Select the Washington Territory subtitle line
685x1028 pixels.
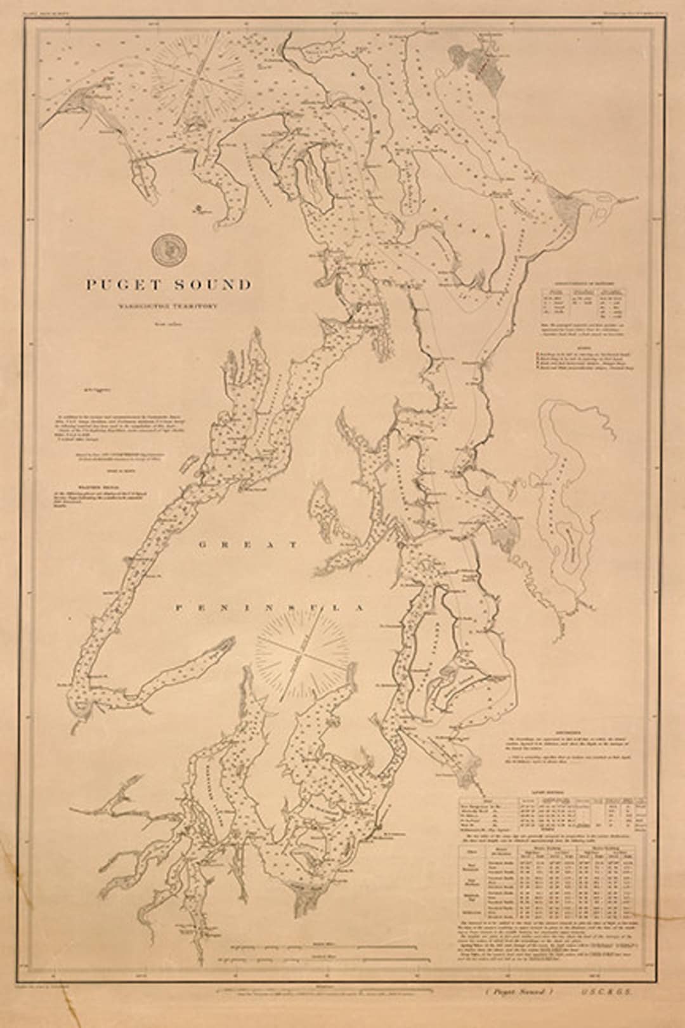click(168, 305)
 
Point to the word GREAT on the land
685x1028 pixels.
click(247, 544)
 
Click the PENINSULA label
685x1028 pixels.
click(270, 608)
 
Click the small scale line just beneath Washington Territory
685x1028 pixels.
click(168, 326)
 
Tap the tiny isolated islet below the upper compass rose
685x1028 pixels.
click(199, 207)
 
